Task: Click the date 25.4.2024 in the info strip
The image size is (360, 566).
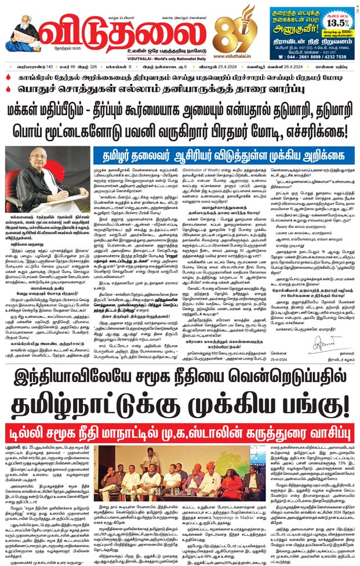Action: (232, 67)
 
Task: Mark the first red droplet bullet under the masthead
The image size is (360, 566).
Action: (7, 77)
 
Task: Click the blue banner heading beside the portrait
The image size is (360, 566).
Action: (223, 154)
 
